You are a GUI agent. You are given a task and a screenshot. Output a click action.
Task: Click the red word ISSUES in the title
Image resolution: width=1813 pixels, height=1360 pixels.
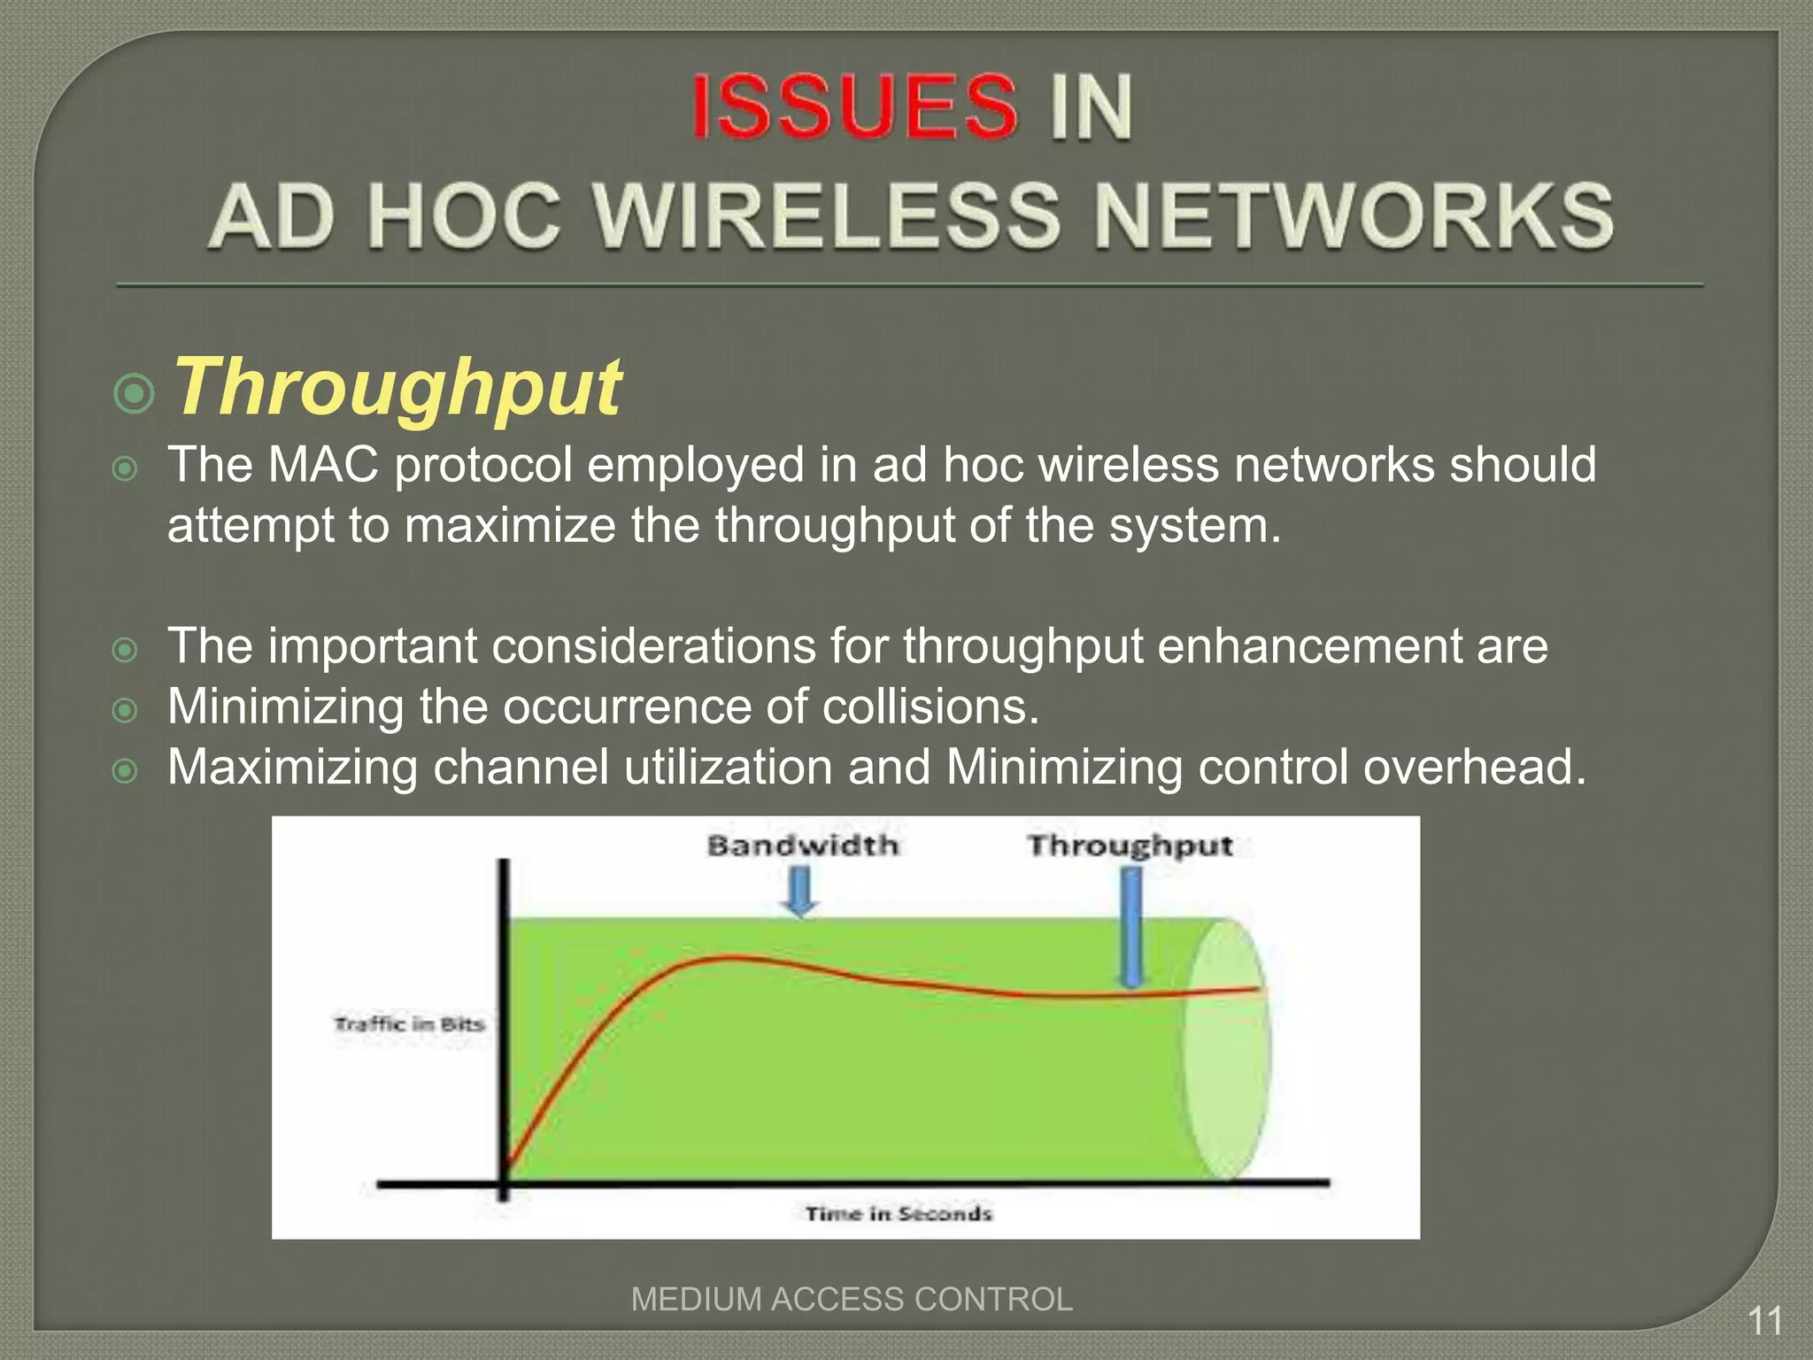(853, 107)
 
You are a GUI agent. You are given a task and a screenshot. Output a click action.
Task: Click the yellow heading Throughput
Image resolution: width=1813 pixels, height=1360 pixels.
(397, 387)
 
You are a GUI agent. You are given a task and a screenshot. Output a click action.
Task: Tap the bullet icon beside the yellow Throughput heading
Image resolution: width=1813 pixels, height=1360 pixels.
(135, 393)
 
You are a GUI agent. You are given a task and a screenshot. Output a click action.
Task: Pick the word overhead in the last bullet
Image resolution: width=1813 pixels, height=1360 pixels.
(1474, 767)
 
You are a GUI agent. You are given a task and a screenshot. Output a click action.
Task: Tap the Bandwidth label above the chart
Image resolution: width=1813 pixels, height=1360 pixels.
(802, 846)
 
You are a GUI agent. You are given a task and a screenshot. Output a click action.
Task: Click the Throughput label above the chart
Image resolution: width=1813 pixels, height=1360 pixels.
(1130, 846)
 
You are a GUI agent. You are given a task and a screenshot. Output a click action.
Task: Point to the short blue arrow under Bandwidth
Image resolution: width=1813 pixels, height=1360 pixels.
(801, 890)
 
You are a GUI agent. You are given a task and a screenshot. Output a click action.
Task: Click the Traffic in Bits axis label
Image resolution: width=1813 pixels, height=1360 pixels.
(409, 1024)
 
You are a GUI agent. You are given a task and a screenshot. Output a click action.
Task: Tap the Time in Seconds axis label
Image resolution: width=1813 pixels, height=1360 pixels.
(899, 1213)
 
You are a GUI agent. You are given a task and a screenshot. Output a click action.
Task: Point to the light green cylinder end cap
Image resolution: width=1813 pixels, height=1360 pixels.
(1227, 1049)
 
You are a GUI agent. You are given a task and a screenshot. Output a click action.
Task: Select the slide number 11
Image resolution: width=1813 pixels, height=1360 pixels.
(1764, 1321)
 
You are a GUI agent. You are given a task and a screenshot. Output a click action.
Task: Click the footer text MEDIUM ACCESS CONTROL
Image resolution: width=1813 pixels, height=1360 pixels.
(852, 1299)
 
